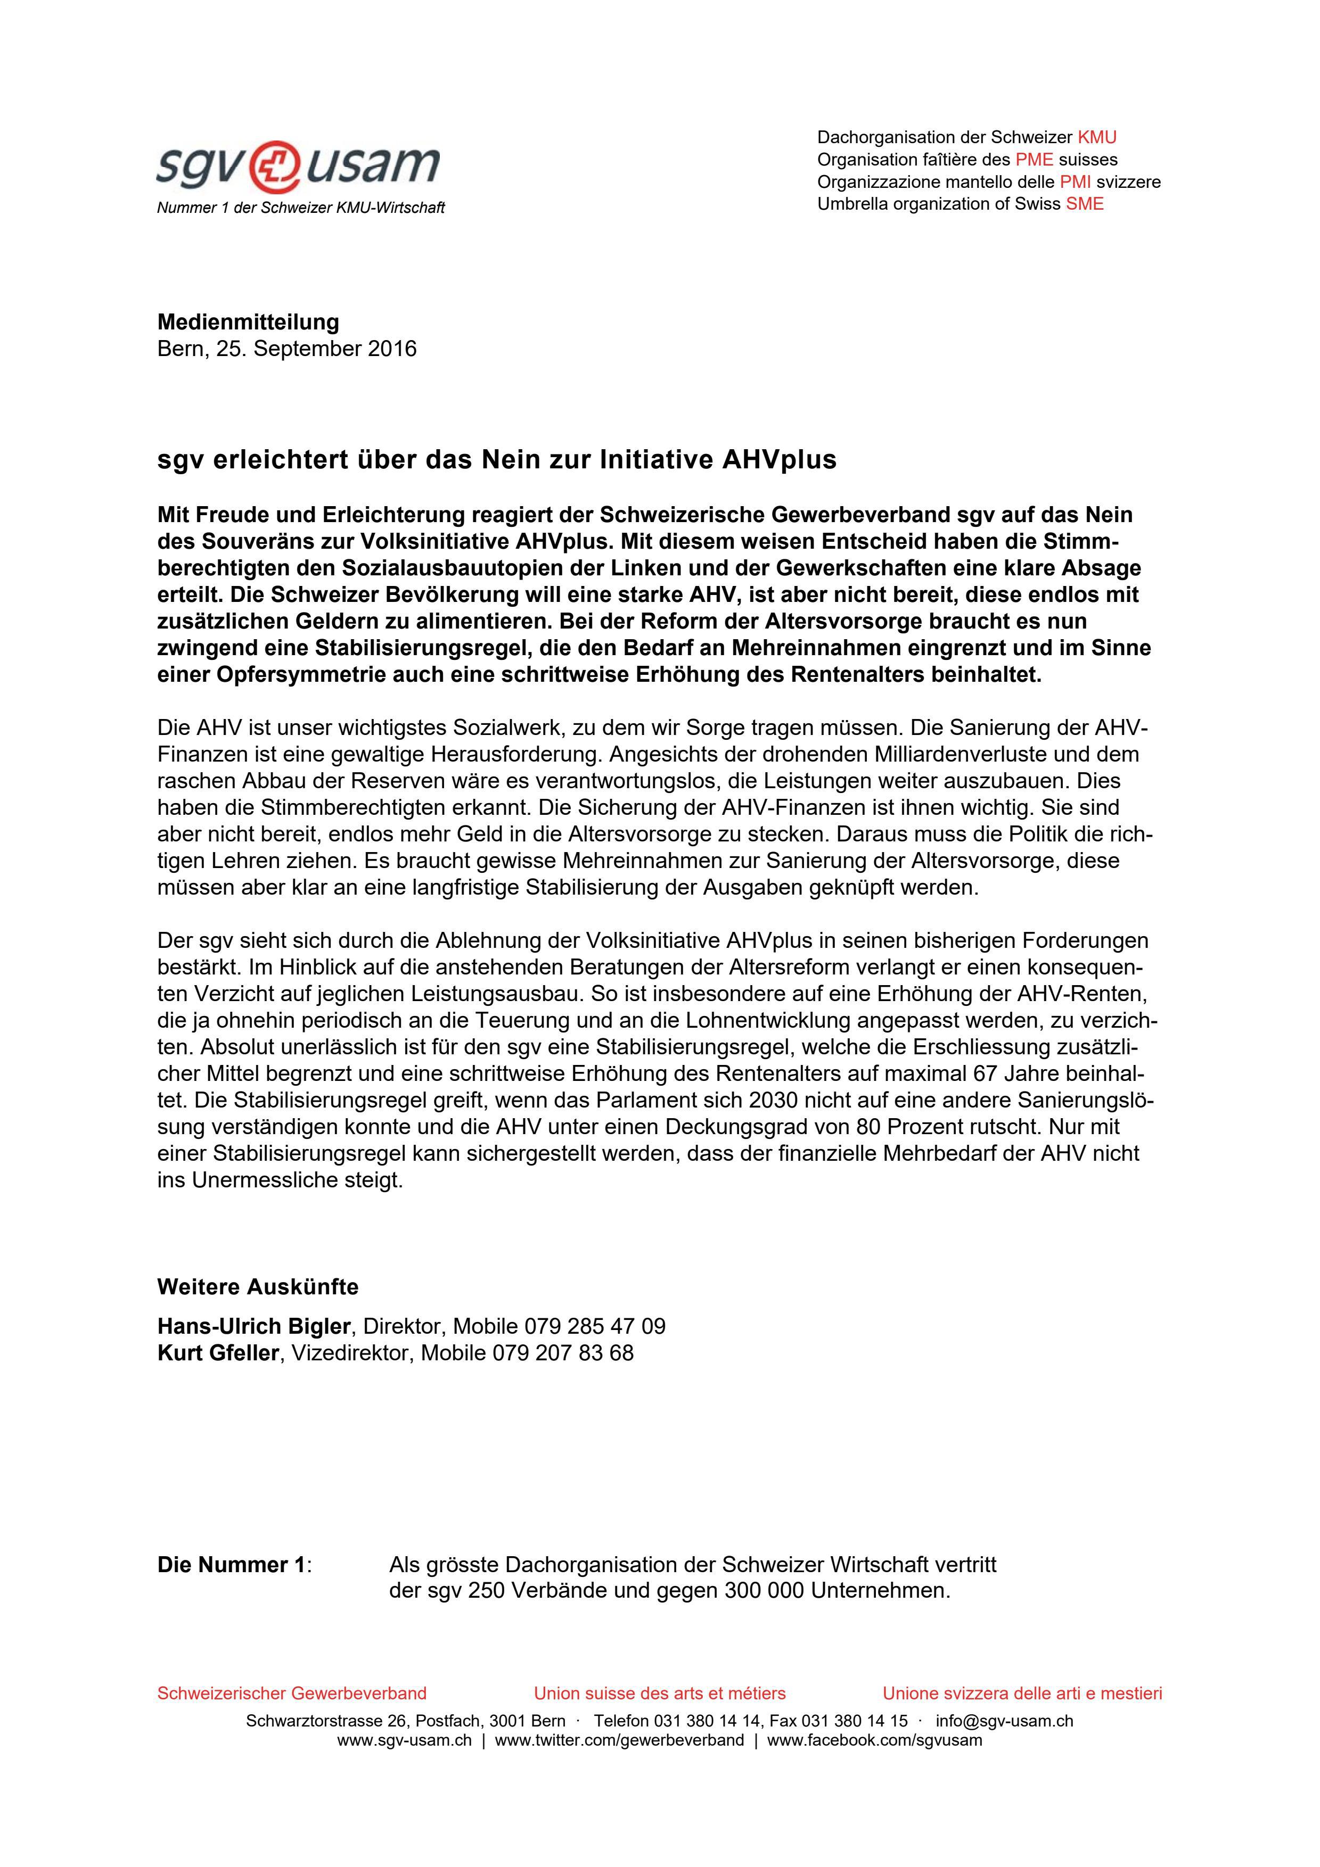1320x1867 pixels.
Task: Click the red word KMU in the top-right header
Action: [x=1096, y=137]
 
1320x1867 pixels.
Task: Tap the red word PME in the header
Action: [x=1034, y=159]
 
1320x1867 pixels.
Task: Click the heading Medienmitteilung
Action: [x=248, y=322]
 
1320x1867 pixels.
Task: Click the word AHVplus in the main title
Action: [x=779, y=460]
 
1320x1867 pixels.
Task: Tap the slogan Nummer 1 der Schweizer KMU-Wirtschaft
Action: [x=301, y=208]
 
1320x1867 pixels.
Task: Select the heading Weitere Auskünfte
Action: [x=258, y=1287]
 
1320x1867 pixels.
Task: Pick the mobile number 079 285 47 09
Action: [x=595, y=1326]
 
